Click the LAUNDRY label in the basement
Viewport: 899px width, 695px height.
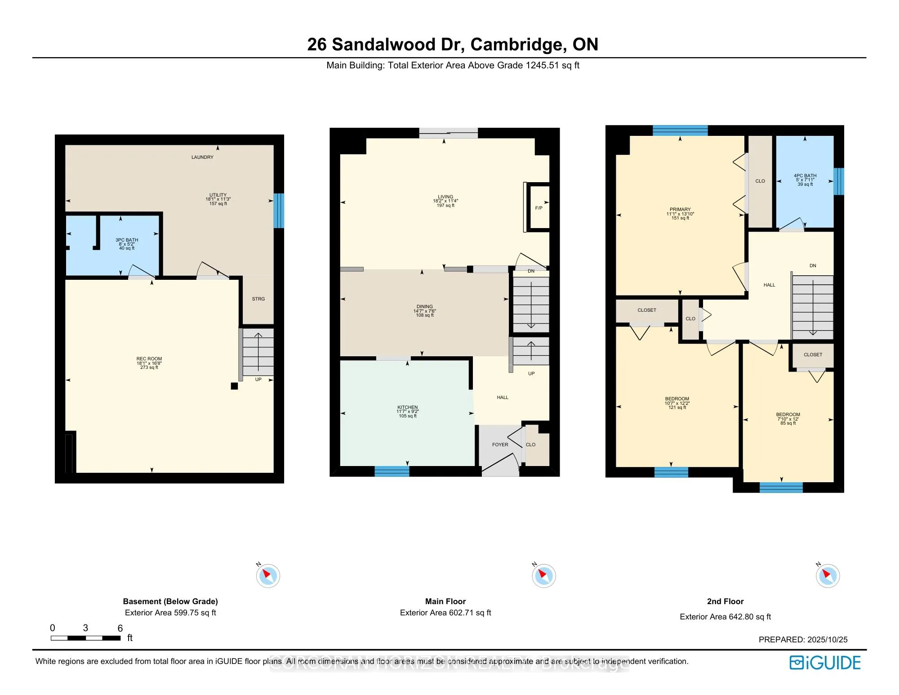coord(202,157)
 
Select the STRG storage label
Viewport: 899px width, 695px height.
coord(258,299)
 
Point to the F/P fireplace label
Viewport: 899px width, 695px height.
coord(539,208)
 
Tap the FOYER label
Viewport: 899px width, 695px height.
coord(500,444)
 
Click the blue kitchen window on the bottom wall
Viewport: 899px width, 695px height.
coord(392,471)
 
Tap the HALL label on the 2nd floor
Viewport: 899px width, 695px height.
coord(769,285)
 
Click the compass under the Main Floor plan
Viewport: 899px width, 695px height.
coord(543,575)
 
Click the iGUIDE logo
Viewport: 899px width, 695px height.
coord(825,663)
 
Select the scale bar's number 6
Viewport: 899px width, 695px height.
coord(120,628)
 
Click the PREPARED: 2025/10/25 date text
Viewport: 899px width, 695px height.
coord(803,639)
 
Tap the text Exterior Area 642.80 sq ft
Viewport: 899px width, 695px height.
coord(725,617)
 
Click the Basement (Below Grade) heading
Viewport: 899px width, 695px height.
coord(170,601)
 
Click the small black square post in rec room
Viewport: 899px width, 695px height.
coord(234,386)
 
